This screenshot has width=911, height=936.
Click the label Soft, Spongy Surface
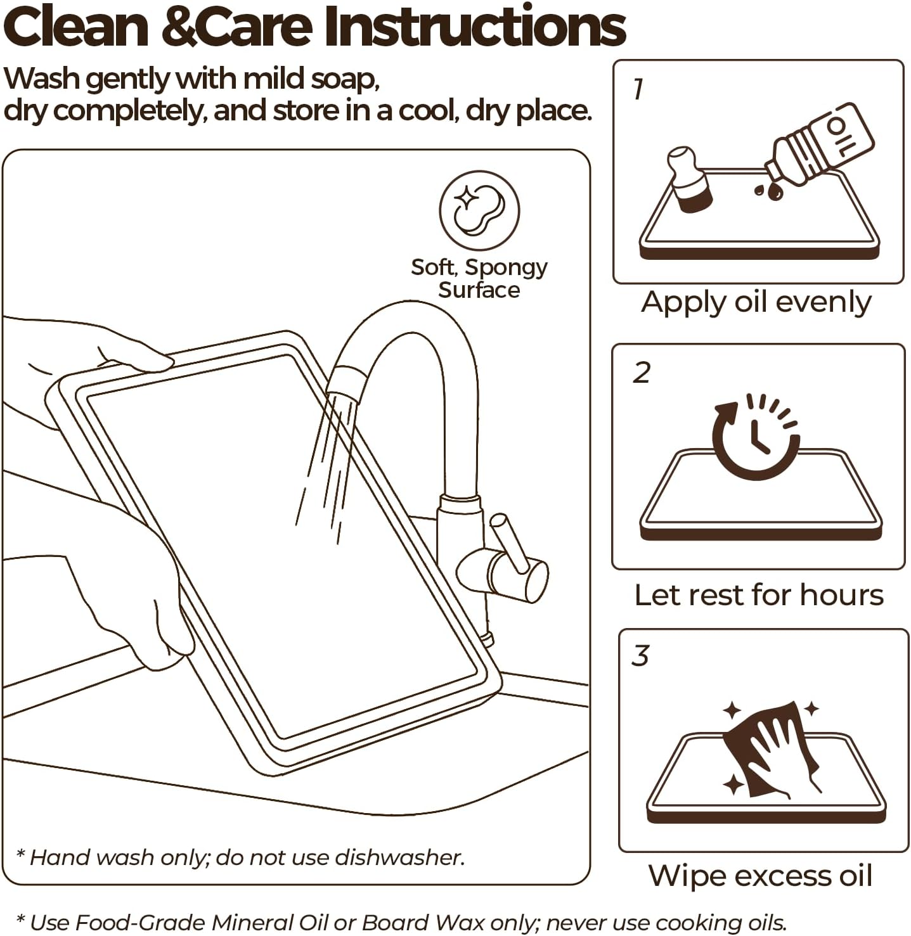[479, 278]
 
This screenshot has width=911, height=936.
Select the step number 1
[638, 89]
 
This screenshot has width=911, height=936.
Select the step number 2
[642, 372]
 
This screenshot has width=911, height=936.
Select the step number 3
[640, 655]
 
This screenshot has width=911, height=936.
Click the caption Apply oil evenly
[756, 303]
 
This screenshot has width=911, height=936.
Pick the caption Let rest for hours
[759, 595]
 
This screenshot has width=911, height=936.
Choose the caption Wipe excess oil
[760, 876]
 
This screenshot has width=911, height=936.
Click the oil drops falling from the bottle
[768, 191]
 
